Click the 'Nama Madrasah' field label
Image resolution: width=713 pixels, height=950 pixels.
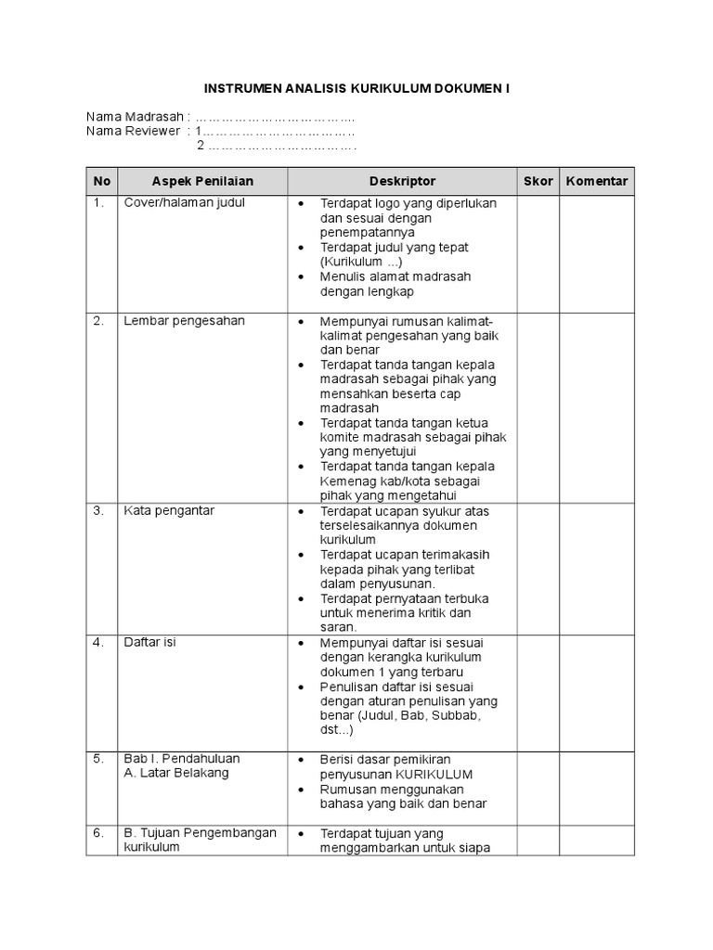click(x=136, y=117)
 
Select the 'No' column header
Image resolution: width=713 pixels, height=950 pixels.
click(x=102, y=181)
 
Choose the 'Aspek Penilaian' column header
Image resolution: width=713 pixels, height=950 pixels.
click(x=202, y=181)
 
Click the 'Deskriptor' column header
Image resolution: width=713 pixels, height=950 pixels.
click(x=402, y=181)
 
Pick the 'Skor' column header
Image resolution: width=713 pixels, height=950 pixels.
click(x=538, y=181)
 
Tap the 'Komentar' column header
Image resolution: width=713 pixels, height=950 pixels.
click(x=597, y=181)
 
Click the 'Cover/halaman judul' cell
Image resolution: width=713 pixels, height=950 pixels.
click(x=185, y=202)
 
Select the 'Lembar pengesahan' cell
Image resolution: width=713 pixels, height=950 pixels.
click(x=184, y=320)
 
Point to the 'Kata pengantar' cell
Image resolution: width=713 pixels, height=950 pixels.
click(x=174, y=510)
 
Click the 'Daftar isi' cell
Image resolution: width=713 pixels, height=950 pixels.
click(x=149, y=642)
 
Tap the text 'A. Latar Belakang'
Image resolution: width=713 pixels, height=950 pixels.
click(x=176, y=773)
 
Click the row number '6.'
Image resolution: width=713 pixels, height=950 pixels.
click(x=98, y=832)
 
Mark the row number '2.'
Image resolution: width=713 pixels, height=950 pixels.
click(x=98, y=320)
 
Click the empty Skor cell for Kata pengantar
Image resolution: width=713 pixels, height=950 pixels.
click(x=538, y=568)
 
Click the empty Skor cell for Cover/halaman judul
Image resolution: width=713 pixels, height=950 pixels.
click(x=538, y=251)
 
